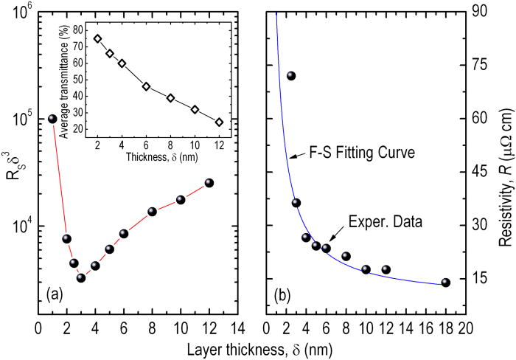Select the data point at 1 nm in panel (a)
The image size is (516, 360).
point(52,119)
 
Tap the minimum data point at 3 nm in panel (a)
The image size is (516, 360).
point(81,277)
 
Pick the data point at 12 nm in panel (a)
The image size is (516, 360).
point(209,182)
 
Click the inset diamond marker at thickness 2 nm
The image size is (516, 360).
point(97,38)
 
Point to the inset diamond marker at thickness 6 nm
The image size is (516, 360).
point(146,86)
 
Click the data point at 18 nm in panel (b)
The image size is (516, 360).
point(445,283)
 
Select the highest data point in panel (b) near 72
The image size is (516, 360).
point(291,75)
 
